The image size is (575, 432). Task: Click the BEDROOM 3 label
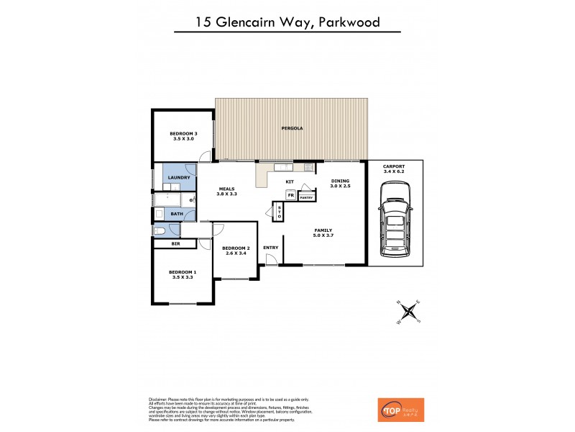(x=183, y=133)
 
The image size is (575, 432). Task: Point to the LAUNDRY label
(x=178, y=177)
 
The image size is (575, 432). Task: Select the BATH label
(x=176, y=213)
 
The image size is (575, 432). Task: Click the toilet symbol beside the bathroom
(x=160, y=230)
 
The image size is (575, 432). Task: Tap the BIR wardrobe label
(x=175, y=245)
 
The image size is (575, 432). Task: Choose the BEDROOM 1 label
(x=182, y=271)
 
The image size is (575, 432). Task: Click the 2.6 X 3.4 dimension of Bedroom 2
(x=236, y=253)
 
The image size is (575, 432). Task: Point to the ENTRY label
(x=271, y=248)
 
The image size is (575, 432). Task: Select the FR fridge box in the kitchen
(x=291, y=195)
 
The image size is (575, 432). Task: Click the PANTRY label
(x=306, y=197)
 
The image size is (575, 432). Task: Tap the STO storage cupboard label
(x=280, y=212)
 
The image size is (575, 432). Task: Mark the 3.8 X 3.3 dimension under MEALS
(x=227, y=194)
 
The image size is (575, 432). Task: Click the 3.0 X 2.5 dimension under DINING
(x=340, y=186)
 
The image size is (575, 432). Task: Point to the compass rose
(x=410, y=311)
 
